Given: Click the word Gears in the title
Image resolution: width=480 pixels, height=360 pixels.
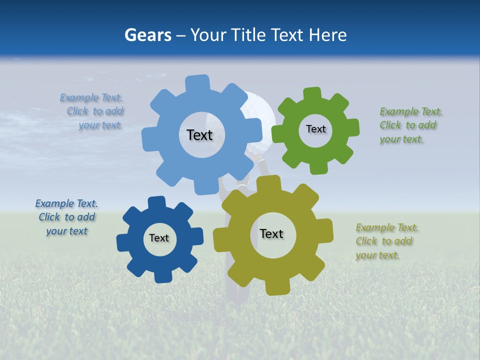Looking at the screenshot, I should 147,35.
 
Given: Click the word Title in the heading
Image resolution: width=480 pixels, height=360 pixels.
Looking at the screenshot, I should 250,35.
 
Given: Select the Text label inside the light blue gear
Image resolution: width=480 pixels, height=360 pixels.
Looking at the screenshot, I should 199,135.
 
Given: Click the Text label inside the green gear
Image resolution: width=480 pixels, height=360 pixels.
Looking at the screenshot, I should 315,129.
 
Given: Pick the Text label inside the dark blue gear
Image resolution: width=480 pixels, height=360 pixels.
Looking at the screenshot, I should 159,238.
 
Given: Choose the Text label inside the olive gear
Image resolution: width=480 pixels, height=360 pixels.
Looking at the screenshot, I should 271,233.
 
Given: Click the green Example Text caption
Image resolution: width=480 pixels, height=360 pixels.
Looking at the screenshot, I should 410,125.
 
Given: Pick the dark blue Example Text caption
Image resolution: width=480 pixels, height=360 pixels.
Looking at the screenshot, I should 67,217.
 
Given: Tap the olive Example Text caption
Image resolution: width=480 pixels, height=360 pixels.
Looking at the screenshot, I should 386,241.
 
